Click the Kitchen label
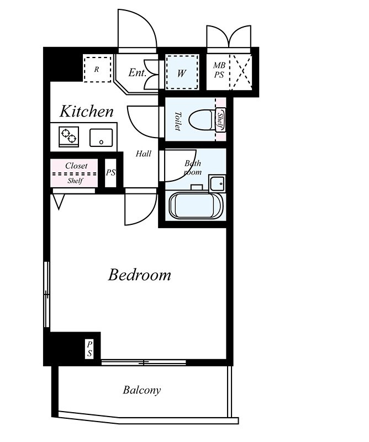87,111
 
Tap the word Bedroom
140,275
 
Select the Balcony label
142,390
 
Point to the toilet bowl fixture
202,119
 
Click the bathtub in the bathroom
196,205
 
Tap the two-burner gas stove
69,136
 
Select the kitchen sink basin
101,138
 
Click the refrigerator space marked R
97,70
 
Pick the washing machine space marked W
182,72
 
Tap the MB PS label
219,70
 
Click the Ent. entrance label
138,73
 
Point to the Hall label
144,154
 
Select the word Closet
76,166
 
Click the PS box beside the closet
111,173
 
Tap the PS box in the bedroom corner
89,349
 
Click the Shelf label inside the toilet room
220,119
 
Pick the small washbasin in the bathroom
217,183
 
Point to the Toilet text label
177,121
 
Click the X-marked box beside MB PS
241,72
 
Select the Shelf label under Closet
75,181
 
